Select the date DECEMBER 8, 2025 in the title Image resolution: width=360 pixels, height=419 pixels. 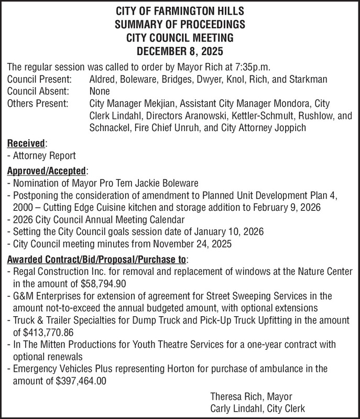[x=180, y=52]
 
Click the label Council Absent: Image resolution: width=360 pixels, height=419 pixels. [x=39, y=91]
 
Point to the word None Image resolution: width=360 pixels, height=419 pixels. [x=100, y=91]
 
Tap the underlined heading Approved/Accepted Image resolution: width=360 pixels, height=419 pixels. [x=46, y=171]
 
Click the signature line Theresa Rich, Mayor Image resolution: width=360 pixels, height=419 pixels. [x=251, y=397]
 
